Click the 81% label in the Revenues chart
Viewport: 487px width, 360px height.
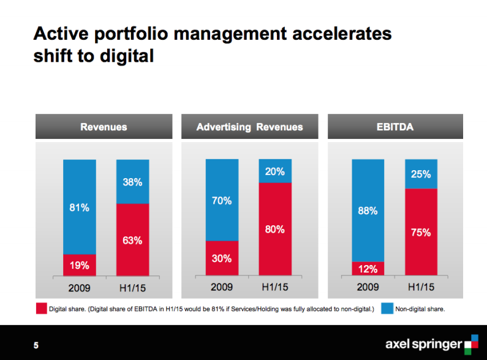tap(79, 208)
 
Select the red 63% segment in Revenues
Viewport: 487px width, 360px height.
tap(132, 240)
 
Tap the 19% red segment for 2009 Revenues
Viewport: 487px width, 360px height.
tap(79, 265)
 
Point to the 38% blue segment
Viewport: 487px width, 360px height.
tap(132, 182)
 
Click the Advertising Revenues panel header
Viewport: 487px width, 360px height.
tap(249, 127)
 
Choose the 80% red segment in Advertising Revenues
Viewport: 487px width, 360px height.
tap(274, 230)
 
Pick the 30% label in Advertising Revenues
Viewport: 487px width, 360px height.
tap(222, 258)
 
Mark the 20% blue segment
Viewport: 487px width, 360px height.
tap(274, 171)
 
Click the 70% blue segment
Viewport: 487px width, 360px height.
tap(222, 200)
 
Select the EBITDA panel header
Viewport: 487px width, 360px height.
tap(395, 127)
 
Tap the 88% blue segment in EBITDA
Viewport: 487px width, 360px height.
tap(368, 211)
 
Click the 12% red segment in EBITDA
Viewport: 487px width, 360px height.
tap(368, 269)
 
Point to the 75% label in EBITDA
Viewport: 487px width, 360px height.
tap(421, 233)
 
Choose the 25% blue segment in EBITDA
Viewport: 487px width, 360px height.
tap(421, 174)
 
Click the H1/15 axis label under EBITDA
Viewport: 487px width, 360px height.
tap(421, 287)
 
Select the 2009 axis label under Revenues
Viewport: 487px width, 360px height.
tap(79, 287)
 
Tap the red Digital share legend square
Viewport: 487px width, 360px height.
tap(41, 309)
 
